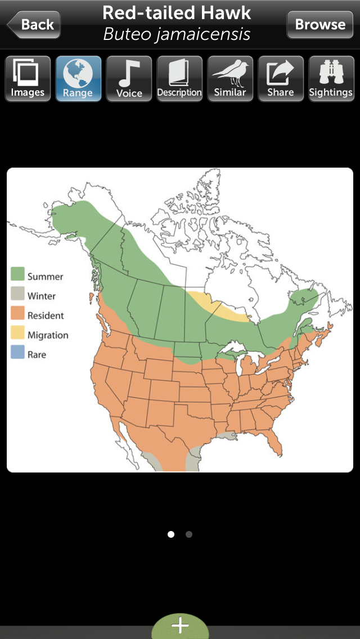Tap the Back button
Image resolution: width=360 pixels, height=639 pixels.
coord(33,25)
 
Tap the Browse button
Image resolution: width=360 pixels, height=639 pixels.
coord(320,25)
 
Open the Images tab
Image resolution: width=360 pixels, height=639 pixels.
coord(28,79)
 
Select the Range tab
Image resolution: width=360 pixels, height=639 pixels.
coord(78,79)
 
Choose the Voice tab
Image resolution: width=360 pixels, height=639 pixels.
coord(129,79)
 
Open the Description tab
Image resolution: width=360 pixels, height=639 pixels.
coord(179,79)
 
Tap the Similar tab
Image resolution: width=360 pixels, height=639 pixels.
coord(230,79)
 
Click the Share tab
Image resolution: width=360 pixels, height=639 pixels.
coord(281,79)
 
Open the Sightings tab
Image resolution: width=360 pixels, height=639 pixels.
coord(331,79)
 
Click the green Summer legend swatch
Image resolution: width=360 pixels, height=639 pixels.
coord(18,276)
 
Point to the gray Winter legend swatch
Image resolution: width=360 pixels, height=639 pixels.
coord(18,295)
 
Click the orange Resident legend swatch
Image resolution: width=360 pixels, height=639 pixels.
coord(18,315)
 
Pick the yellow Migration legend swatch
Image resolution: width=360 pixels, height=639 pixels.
coord(18,335)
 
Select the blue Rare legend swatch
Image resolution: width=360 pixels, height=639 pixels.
coord(18,354)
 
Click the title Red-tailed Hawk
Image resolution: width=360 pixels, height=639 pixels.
coord(177,13)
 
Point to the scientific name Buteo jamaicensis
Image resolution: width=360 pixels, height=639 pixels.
coord(177,34)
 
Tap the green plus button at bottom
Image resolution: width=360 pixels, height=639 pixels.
coord(180,626)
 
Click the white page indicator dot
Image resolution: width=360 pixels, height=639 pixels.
coord(171,534)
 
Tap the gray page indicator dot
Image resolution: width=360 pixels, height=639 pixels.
coord(189,534)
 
